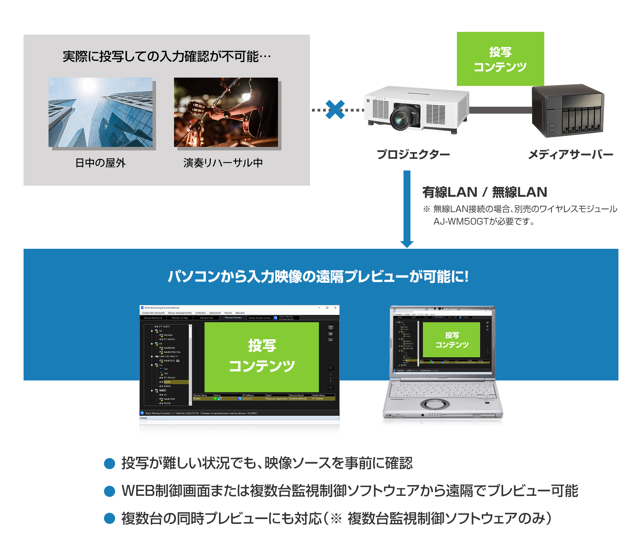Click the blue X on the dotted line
click(335, 109)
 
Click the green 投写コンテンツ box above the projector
click(500, 59)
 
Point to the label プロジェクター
click(413, 154)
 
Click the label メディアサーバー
click(571, 154)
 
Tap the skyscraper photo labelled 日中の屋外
click(101, 112)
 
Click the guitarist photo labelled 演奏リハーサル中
click(226, 112)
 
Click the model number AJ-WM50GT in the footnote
click(461, 221)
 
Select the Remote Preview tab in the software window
click(233, 317)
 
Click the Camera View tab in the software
click(207, 318)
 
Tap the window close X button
click(335, 308)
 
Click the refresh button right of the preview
click(331, 327)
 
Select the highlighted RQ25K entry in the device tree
click(168, 382)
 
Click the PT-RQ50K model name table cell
click(318, 399)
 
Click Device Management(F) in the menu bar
click(180, 313)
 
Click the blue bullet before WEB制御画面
click(110, 491)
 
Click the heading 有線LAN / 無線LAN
click(485, 192)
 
